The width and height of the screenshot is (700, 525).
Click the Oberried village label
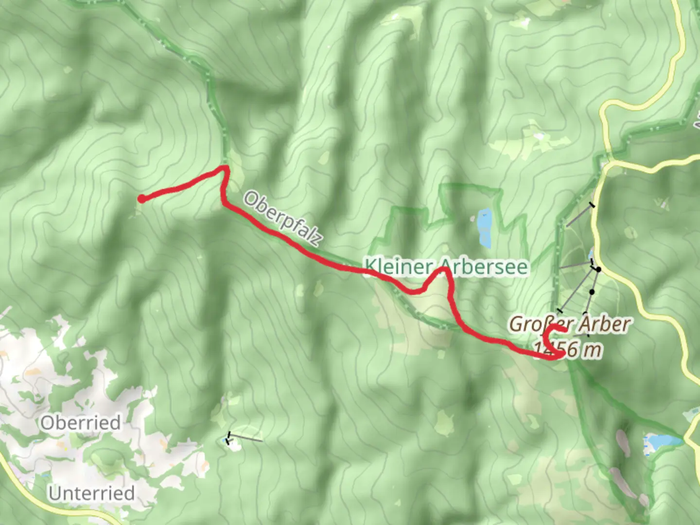(x=81, y=422)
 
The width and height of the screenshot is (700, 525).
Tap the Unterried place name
(x=91, y=493)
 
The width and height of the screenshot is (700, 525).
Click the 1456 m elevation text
(x=568, y=349)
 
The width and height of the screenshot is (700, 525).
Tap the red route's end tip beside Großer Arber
(x=565, y=331)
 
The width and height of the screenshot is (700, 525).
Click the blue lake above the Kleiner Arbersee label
(x=484, y=227)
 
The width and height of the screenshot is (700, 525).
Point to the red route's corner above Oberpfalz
(x=225, y=168)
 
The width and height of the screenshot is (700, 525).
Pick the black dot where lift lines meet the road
(x=599, y=269)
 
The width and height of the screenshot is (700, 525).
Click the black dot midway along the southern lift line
(x=592, y=292)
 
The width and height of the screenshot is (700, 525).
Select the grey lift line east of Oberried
(x=245, y=438)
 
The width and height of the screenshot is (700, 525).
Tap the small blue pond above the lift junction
(x=591, y=254)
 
